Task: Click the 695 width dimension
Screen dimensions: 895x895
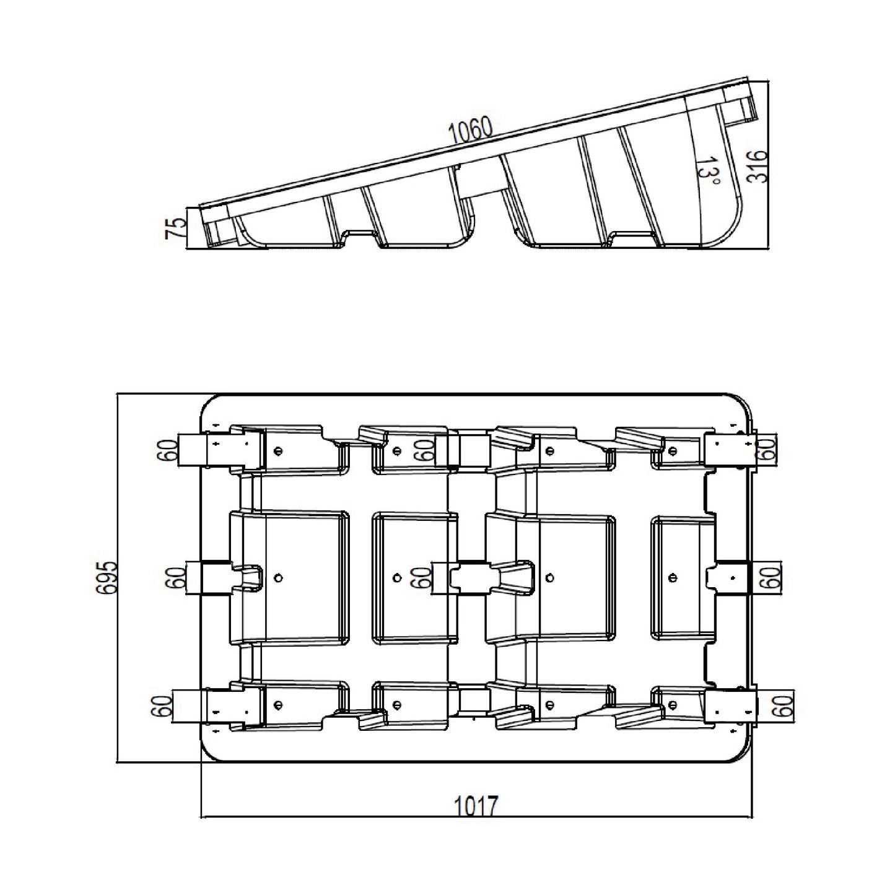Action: (107, 578)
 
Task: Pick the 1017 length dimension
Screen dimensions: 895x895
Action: (476, 806)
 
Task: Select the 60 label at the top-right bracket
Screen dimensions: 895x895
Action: (767, 448)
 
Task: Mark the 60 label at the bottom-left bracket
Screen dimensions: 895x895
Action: (162, 706)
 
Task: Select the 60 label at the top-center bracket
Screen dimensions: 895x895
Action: (423, 450)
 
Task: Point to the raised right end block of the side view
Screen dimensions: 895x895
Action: (740, 110)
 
